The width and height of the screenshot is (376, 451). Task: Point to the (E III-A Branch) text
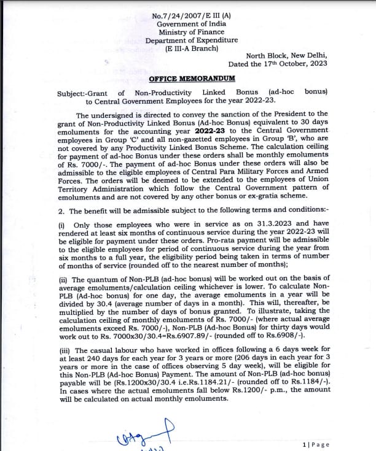(x=186, y=49)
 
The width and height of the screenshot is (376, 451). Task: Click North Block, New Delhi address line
(x=286, y=55)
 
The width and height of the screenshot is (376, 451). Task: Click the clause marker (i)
(x=61, y=225)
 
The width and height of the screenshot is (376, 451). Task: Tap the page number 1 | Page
(x=316, y=444)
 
